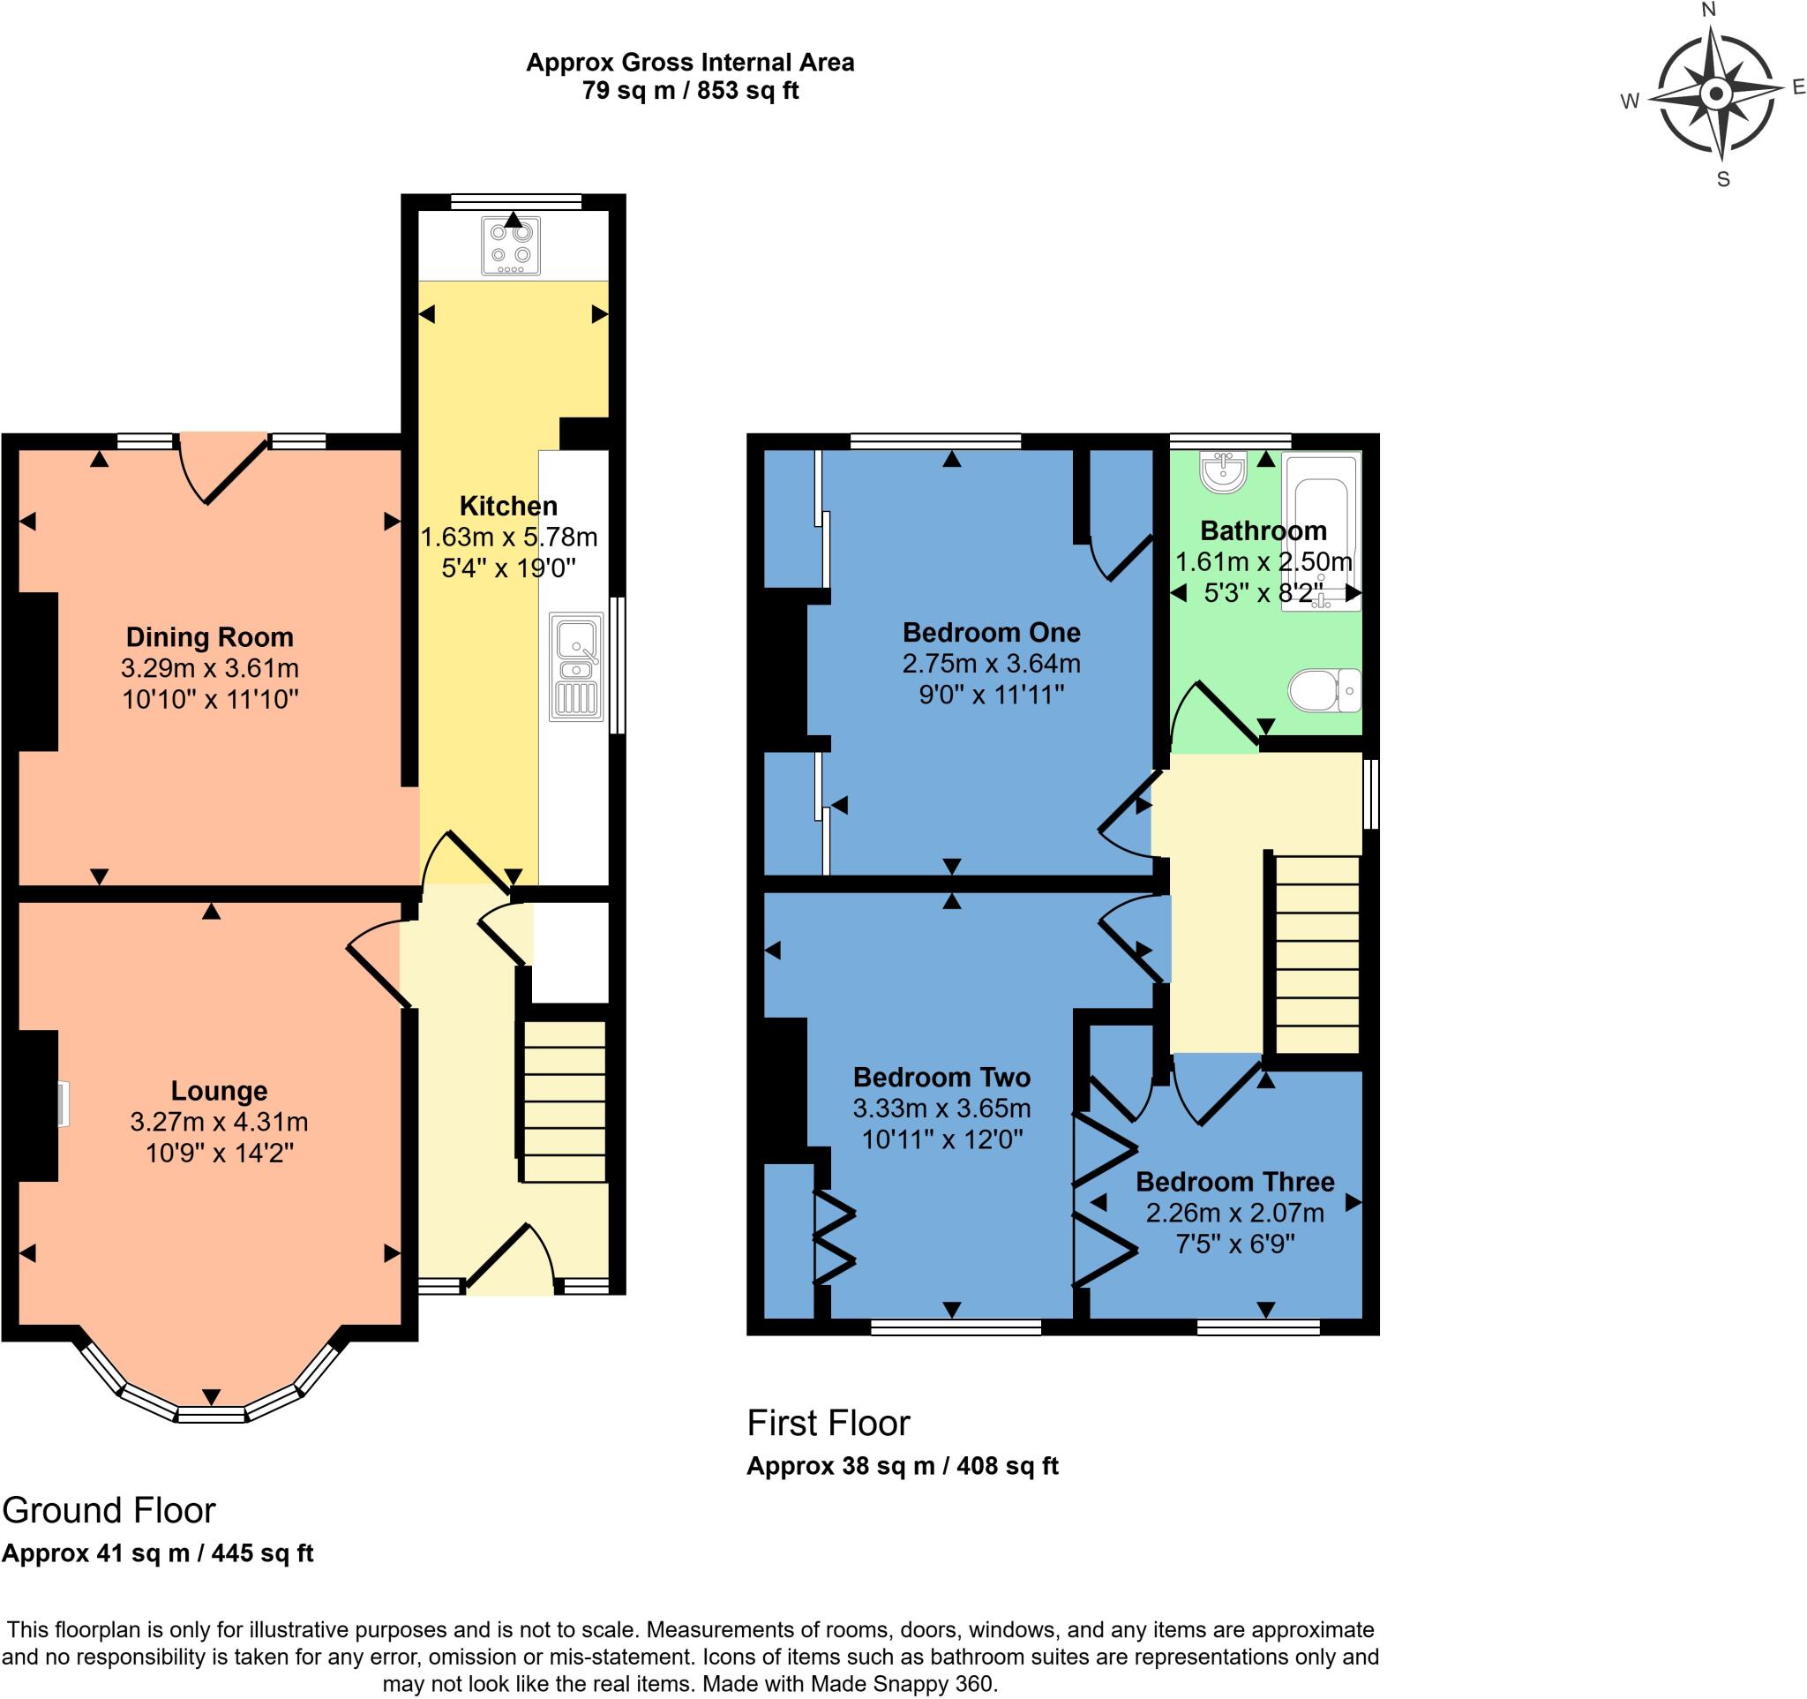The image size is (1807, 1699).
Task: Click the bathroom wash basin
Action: coord(1223,472)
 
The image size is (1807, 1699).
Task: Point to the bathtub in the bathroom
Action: coord(1322,532)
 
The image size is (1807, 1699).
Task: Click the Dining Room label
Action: coord(210,637)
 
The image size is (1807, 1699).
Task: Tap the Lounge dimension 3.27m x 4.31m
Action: coord(219,1122)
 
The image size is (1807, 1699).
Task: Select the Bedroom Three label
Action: coord(1234,1182)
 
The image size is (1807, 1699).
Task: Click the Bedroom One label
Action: coord(991,632)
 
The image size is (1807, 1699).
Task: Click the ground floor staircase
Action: coord(564,1101)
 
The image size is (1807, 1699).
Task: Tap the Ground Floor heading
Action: coord(109,1510)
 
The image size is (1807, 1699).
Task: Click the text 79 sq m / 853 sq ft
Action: coord(690,91)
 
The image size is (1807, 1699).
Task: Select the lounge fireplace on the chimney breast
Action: coord(62,1104)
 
